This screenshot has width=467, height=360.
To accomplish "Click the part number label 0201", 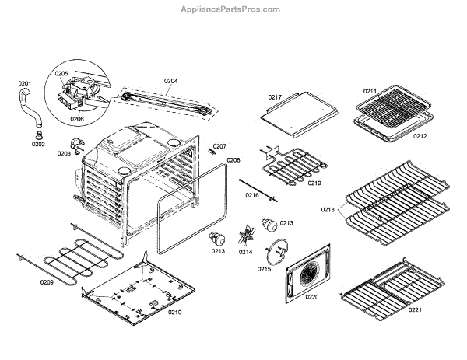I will [25, 83].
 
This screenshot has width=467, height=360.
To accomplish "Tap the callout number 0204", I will [170, 81].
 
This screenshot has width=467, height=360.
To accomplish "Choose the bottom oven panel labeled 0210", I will [140, 292].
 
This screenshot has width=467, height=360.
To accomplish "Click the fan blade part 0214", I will [247, 235].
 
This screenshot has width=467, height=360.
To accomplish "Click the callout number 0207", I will [219, 146].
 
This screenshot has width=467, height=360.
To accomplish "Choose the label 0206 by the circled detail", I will [76, 119].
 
